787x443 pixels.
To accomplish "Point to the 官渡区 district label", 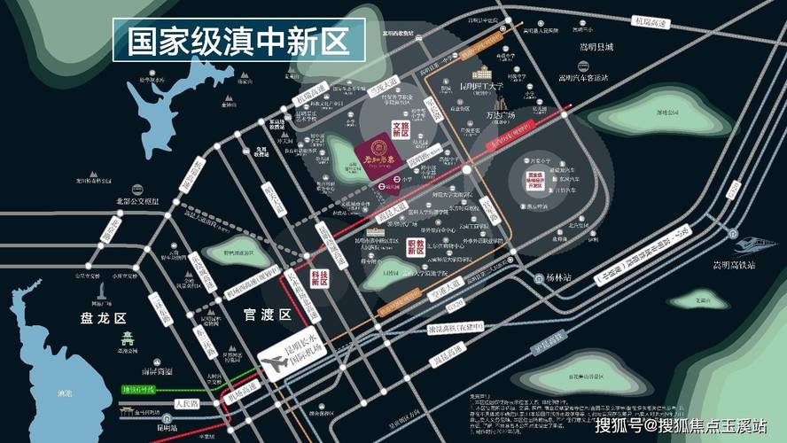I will click(267, 315).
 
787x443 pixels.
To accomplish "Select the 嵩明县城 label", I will click(596, 46).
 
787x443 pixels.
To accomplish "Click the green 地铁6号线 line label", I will click(139, 390).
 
